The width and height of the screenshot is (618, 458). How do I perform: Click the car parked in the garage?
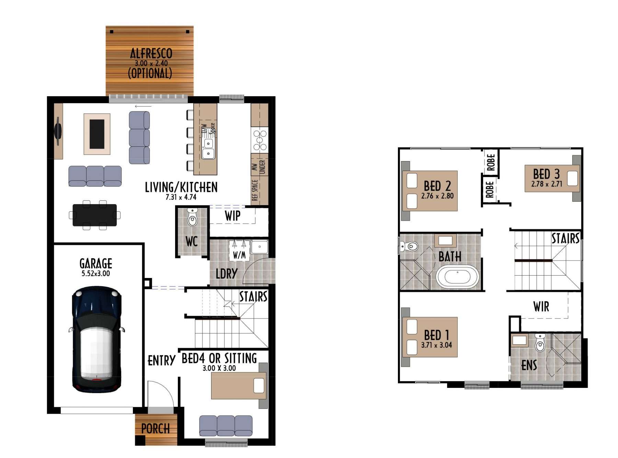pyautogui.click(x=96, y=339)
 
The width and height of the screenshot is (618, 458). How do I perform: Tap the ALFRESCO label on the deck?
pyautogui.click(x=151, y=53)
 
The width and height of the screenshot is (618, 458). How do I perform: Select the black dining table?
pyautogui.click(x=94, y=215)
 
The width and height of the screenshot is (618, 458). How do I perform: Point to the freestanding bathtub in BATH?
pyautogui.click(x=457, y=277)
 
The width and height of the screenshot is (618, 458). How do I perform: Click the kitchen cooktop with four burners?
pyautogui.click(x=260, y=140)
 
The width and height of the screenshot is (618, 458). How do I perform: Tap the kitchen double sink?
pyautogui.click(x=208, y=148)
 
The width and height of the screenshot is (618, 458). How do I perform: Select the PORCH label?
pyautogui.click(x=156, y=428)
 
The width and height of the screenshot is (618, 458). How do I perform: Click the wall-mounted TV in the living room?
pyautogui.click(x=58, y=131)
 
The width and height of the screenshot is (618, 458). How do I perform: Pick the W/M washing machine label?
pyautogui.click(x=239, y=255)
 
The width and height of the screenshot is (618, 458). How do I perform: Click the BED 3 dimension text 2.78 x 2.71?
pyautogui.click(x=547, y=184)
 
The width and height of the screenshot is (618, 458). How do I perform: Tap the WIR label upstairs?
pyautogui.click(x=541, y=306)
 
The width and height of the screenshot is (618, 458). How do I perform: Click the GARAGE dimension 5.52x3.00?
pyautogui.click(x=96, y=273)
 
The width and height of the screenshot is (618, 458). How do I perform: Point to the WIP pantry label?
pyautogui.click(x=232, y=216)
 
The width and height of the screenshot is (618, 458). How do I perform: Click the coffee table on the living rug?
pyautogui.click(x=97, y=134)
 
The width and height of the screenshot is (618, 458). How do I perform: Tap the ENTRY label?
pyautogui.click(x=161, y=361)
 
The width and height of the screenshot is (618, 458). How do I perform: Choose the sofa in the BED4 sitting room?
pyautogui.click(x=226, y=426)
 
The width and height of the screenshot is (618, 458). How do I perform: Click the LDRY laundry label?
pyautogui.click(x=227, y=274)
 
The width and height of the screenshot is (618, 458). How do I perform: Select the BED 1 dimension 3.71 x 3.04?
pyautogui.click(x=437, y=345)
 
